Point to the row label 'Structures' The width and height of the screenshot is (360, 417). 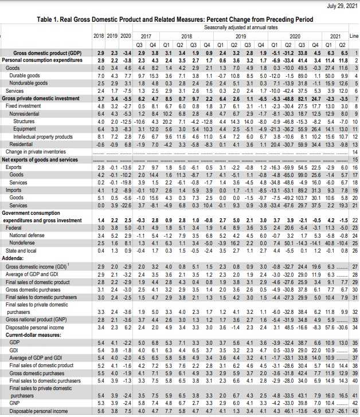tap(22, 121)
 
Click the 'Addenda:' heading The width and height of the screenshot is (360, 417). tap(14, 258)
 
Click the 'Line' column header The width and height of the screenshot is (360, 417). tap(353, 36)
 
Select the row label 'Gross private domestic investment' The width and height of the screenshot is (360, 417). tap(46, 99)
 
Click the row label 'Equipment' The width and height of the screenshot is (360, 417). tap(22, 129)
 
